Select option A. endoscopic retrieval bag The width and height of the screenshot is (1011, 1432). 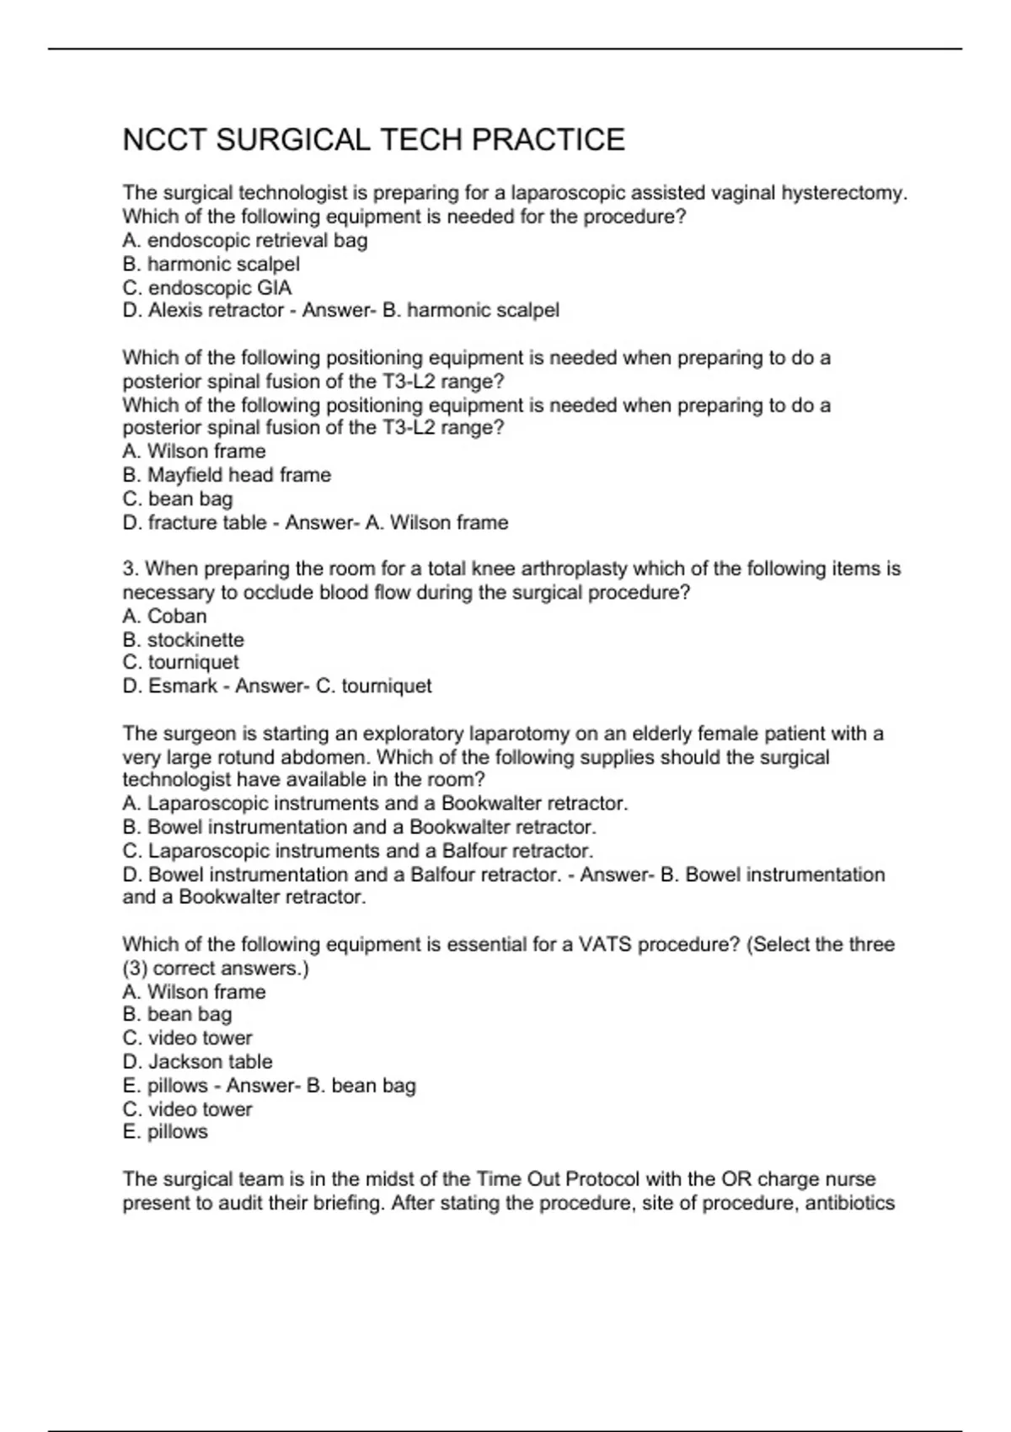(245, 241)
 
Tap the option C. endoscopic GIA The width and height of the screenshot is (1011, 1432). (207, 287)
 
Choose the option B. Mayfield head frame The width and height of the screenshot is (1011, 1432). (227, 475)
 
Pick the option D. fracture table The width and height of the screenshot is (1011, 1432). (195, 523)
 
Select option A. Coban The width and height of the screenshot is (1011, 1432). (164, 616)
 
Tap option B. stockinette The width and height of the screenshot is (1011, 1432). (183, 639)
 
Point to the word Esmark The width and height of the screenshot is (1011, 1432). (183, 687)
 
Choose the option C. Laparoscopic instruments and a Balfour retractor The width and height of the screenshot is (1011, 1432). (358, 851)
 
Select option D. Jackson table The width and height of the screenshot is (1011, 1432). (197, 1062)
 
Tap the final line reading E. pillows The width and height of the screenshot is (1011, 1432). (165, 1132)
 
